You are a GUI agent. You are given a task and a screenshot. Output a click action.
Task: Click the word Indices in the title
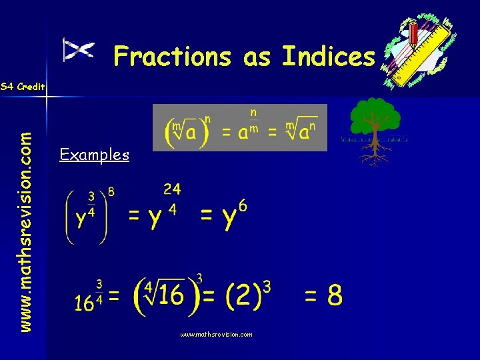pyautogui.click(x=328, y=57)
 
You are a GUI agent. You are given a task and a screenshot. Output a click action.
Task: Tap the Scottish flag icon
pyautogui.click(x=79, y=50)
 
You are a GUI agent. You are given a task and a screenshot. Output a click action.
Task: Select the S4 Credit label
pyautogui.click(x=22, y=87)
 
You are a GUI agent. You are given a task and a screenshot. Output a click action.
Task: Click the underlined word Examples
pyautogui.click(x=94, y=155)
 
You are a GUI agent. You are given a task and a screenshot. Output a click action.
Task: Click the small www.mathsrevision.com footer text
pyautogui.click(x=216, y=335)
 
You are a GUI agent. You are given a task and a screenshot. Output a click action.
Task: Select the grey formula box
pyautogui.click(x=240, y=127)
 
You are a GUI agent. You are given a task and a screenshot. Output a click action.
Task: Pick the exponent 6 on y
pyautogui.click(x=243, y=207)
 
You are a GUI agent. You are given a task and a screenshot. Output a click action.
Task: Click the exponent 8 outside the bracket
pyautogui.click(x=111, y=192)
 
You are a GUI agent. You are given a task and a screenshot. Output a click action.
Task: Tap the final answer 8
pyautogui.click(x=333, y=295)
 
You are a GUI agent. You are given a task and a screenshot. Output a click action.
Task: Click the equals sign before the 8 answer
pyautogui.click(x=311, y=295)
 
